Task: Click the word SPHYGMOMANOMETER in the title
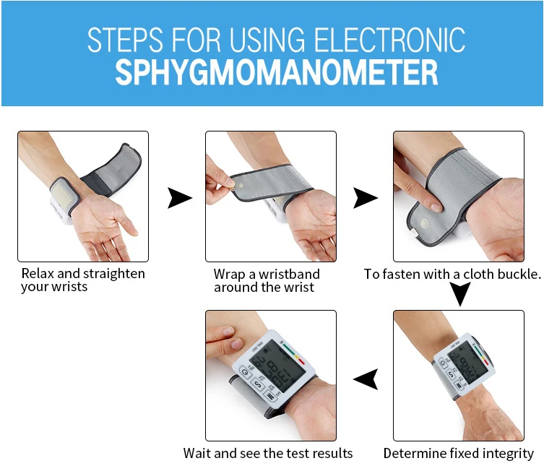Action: [x=277, y=72]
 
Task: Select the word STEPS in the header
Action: [x=125, y=40]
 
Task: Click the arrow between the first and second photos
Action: [x=180, y=198]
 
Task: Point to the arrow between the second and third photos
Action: [x=366, y=198]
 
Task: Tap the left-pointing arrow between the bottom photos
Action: [x=366, y=379]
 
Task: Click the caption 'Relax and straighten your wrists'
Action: [x=83, y=280]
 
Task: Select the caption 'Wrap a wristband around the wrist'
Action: [x=267, y=281]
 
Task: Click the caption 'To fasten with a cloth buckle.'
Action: [x=452, y=274]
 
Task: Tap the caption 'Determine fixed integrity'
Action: [x=458, y=454]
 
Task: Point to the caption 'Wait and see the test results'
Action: [x=268, y=453]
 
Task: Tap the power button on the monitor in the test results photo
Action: [x=246, y=373]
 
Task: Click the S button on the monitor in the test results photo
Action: [x=258, y=384]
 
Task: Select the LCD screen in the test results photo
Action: [x=277, y=366]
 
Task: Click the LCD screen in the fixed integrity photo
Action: [x=467, y=363]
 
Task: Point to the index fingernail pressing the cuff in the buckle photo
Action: [x=436, y=207]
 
